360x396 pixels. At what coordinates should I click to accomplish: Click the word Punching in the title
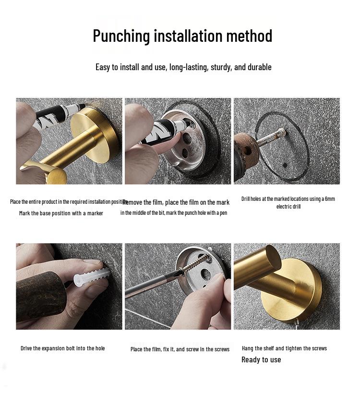pos(121,36)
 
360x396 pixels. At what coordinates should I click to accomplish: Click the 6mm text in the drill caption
pos(330,199)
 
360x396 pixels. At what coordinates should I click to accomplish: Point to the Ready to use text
pos(261,359)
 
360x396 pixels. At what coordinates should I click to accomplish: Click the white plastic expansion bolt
pos(91,277)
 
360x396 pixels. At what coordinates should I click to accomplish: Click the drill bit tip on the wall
pos(283,132)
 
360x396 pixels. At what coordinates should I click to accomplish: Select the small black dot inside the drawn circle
pos(285,165)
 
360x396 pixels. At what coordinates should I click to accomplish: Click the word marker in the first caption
pos(95,213)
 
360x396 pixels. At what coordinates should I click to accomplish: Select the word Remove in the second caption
pos(132,202)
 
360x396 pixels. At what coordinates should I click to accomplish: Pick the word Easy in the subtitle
pos(103,67)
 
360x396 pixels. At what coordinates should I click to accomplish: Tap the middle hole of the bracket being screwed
pos(206,274)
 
